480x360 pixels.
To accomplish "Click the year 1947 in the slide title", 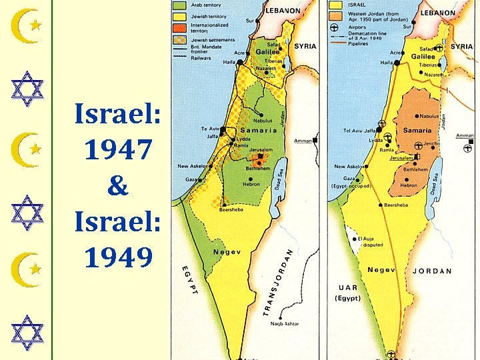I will pyautogui.click(x=117, y=151).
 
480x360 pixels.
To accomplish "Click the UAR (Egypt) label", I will pyautogui.click(x=347, y=293).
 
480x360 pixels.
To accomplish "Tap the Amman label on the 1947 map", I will pyautogui.click(x=303, y=141).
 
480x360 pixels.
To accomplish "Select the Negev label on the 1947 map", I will pyautogui.click(x=227, y=252).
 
